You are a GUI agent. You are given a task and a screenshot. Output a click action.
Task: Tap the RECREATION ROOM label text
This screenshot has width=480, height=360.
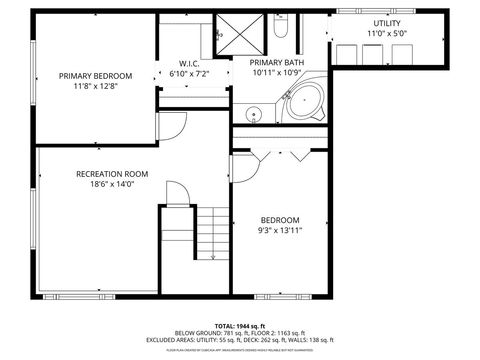pyautogui.click(x=111, y=174)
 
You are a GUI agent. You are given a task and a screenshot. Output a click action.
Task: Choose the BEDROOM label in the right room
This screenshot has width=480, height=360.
pyautogui.click(x=280, y=220)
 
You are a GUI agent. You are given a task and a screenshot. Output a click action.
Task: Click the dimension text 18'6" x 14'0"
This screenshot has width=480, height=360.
pyautogui.click(x=111, y=184)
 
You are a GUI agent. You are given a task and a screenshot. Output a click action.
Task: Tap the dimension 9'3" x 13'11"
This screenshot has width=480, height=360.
pyautogui.click(x=280, y=230)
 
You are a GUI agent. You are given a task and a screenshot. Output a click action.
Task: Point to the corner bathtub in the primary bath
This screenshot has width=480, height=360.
pyautogui.click(x=304, y=102)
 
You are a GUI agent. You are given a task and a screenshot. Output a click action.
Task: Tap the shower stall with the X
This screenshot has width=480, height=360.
pyautogui.click(x=240, y=32)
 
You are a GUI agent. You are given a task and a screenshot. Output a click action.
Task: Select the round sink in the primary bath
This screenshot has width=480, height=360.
pyautogui.click(x=254, y=114)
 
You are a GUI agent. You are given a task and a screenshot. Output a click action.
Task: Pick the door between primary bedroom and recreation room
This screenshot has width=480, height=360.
pyautogui.click(x=172, y=124)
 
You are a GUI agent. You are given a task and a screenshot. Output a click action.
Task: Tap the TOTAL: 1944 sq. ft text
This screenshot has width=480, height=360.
pyautogui.click(x=240, y=325)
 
